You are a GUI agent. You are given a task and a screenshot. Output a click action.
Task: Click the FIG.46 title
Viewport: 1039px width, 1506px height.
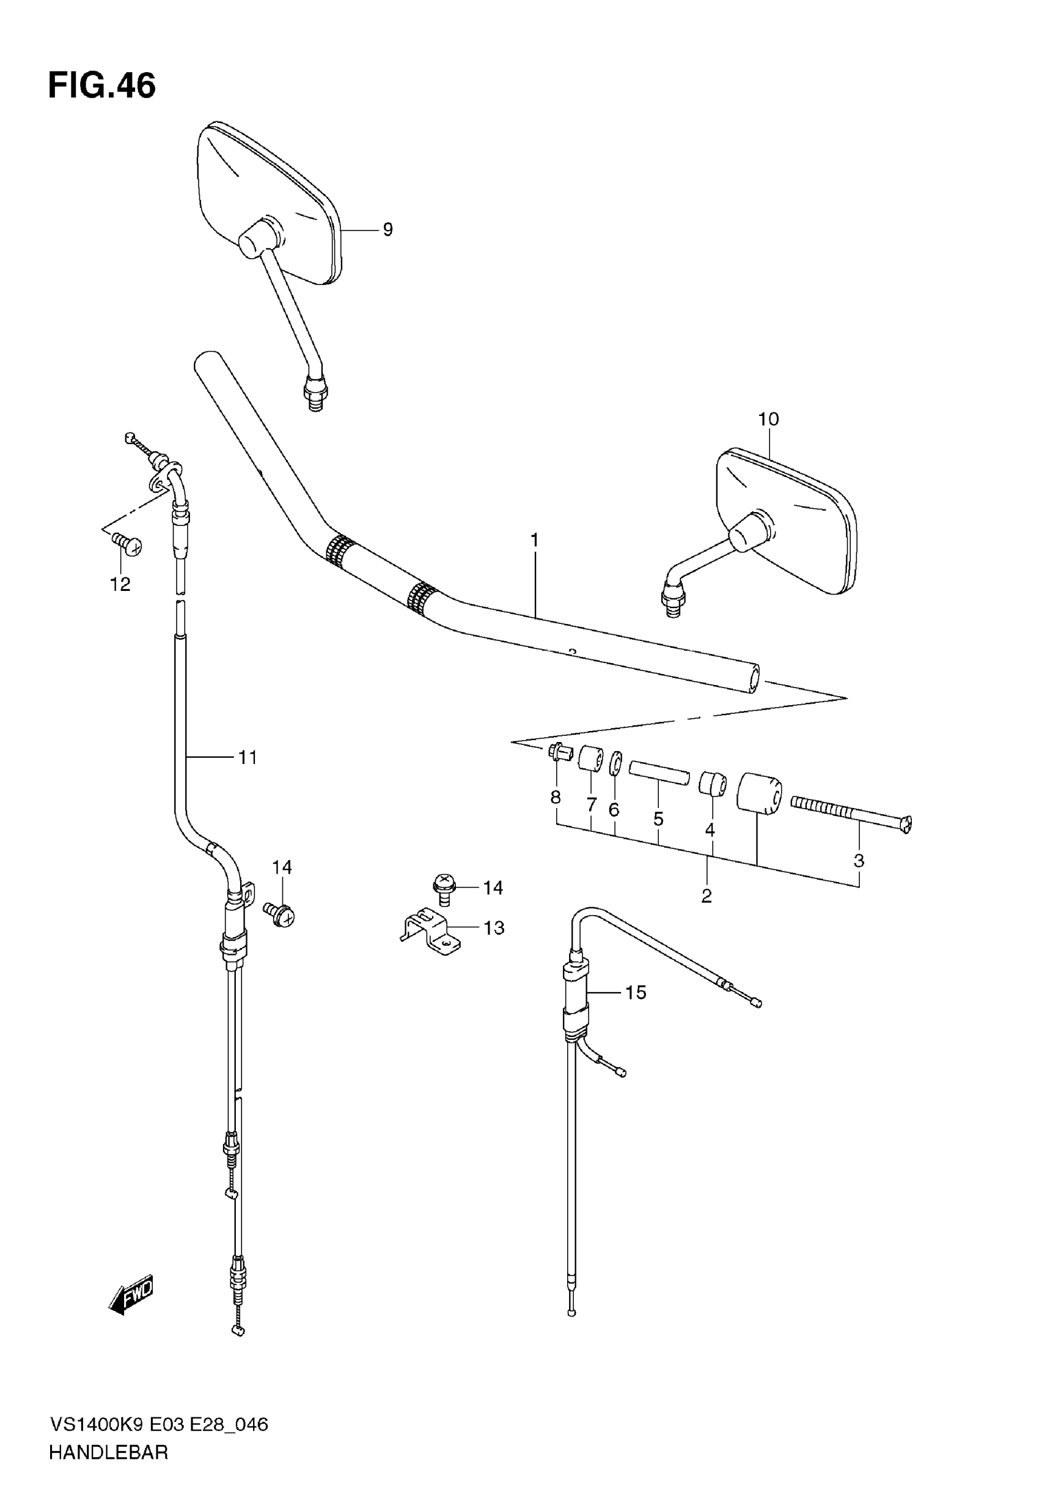(x=102, y=86)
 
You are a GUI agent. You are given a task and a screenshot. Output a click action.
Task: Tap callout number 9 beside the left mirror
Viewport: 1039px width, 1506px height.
(x=387, y=229)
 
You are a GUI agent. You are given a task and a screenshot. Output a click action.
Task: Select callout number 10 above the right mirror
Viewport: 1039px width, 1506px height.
(x=768, y=419)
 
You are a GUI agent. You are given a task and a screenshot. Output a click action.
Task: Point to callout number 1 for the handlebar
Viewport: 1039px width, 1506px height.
(x=534, y=540)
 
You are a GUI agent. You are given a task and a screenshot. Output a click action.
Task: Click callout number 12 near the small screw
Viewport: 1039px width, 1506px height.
(x=120, y=584)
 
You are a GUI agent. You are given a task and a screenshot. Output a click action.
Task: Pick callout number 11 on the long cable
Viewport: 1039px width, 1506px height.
(x=248, y=757)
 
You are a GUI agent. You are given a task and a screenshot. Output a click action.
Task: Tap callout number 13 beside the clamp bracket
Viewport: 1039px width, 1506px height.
(x=494, y=927)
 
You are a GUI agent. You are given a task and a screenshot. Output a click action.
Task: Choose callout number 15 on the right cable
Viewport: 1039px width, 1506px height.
(x=636, y=992)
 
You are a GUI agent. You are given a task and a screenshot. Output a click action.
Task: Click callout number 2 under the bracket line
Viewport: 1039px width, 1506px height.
(x=707, y=896)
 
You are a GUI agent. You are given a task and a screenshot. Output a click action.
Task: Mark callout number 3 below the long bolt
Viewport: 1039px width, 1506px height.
(x=859, y=861)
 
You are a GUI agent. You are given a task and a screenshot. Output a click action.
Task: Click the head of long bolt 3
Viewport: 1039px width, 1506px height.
(x=906, y=824)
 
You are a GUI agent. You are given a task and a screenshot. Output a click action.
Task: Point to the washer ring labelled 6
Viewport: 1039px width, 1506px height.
(x=615, y=764)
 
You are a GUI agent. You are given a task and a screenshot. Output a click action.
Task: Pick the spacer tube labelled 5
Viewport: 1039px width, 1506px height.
(x=658, y=775)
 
